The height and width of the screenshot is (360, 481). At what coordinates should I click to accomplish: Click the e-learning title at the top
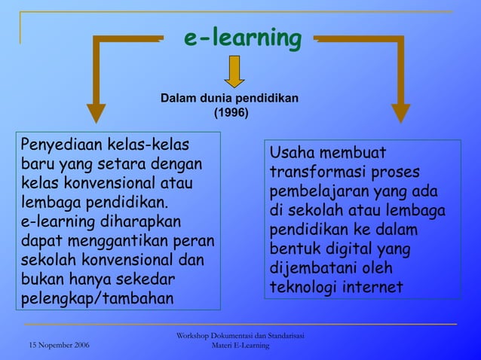click(243, 37)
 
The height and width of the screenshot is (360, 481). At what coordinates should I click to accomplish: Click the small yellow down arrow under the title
click(234, 72)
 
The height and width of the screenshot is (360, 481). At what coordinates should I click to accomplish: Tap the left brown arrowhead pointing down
click(97, 111)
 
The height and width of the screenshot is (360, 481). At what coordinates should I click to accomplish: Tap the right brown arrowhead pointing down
click(400, 111)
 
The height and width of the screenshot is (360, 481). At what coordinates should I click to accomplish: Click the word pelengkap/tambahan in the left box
click(97, 298)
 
